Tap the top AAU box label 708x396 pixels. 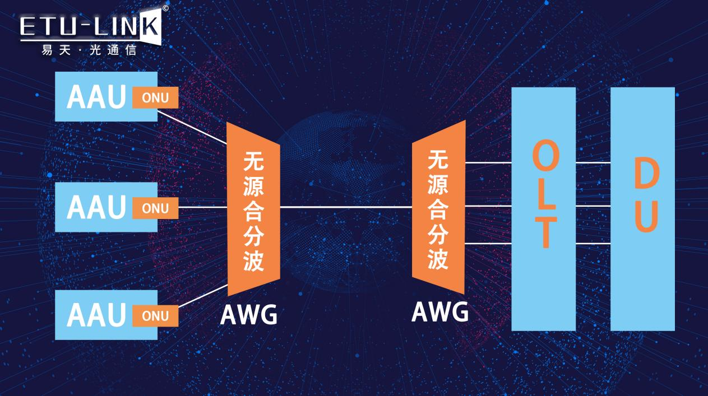tap(96, 97)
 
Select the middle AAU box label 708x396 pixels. tap(96, 207)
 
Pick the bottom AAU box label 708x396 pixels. tap(96, 315)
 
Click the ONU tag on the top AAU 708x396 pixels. tap(155, 97)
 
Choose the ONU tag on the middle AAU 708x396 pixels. tap(155, 208)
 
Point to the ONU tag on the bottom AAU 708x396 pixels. tap(155, 316)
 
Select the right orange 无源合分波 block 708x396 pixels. tap(438, 207)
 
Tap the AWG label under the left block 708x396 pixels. tap(248, 315)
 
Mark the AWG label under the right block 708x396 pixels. tap(440, 311)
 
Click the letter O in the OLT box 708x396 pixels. tap(545, 157)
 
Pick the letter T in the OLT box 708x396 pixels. tap(545, 232)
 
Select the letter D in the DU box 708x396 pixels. tap(646, 174)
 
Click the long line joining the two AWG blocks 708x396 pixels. tap(346, 207)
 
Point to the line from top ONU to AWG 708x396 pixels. tap(192, 127)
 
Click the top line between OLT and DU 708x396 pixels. tap(593, 162)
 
